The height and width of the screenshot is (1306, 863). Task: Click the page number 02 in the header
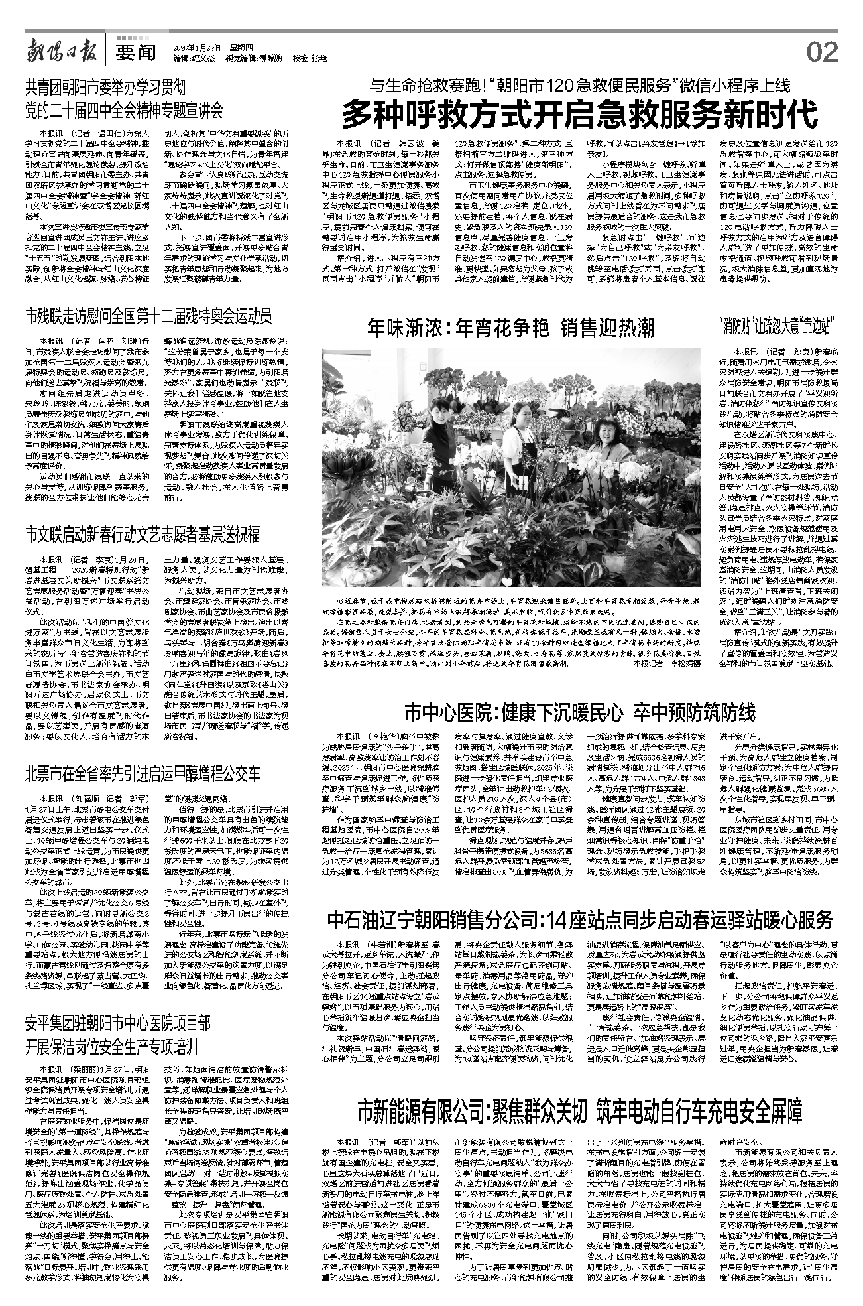pos(823,51)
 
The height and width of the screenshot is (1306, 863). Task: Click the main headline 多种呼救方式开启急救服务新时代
pos(580,115)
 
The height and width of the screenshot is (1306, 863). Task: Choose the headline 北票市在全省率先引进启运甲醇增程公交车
pos(143,773)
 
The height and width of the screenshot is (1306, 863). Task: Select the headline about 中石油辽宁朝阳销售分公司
pos(580,920)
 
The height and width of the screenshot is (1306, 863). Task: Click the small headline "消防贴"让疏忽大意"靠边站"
pos(775,327)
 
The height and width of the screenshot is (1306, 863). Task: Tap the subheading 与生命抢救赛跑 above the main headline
pos(580,86)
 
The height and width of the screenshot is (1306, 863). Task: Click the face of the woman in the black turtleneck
pos(439,414)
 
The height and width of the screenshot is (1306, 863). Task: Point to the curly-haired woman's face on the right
pos(606,430)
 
